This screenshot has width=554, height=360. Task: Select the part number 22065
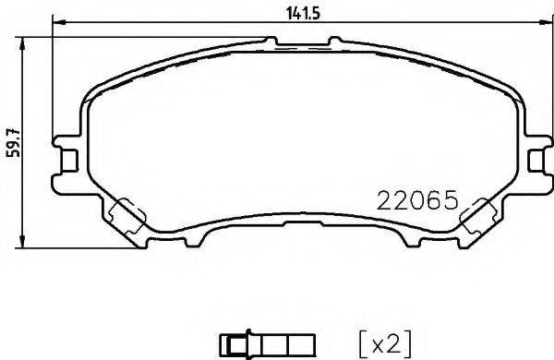tap(418, 199)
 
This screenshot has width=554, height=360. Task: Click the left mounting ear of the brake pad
tap(67, 156)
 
